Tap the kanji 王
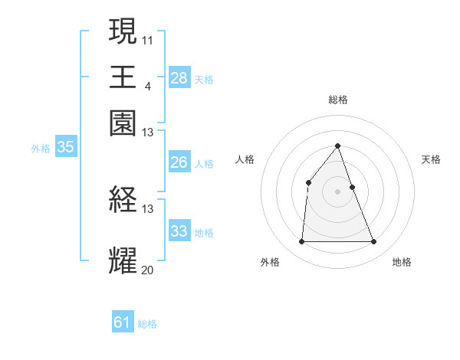tap(123, 77)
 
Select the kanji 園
tap(123, 123)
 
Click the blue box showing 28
tap(179, 78)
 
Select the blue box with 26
tap(179, 162)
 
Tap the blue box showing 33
tap(179, 231)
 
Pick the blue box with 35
tap(65, 148)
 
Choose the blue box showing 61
tap(123, 322)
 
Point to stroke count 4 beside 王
tap(147, 84)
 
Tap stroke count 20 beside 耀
tap(147, 269)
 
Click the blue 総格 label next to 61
tap(147, 324)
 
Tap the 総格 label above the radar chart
tap(338, 100)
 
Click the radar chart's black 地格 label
tap(402, 263)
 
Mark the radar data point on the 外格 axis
tap(301, 242)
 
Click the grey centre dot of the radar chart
tap(338, 191)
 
